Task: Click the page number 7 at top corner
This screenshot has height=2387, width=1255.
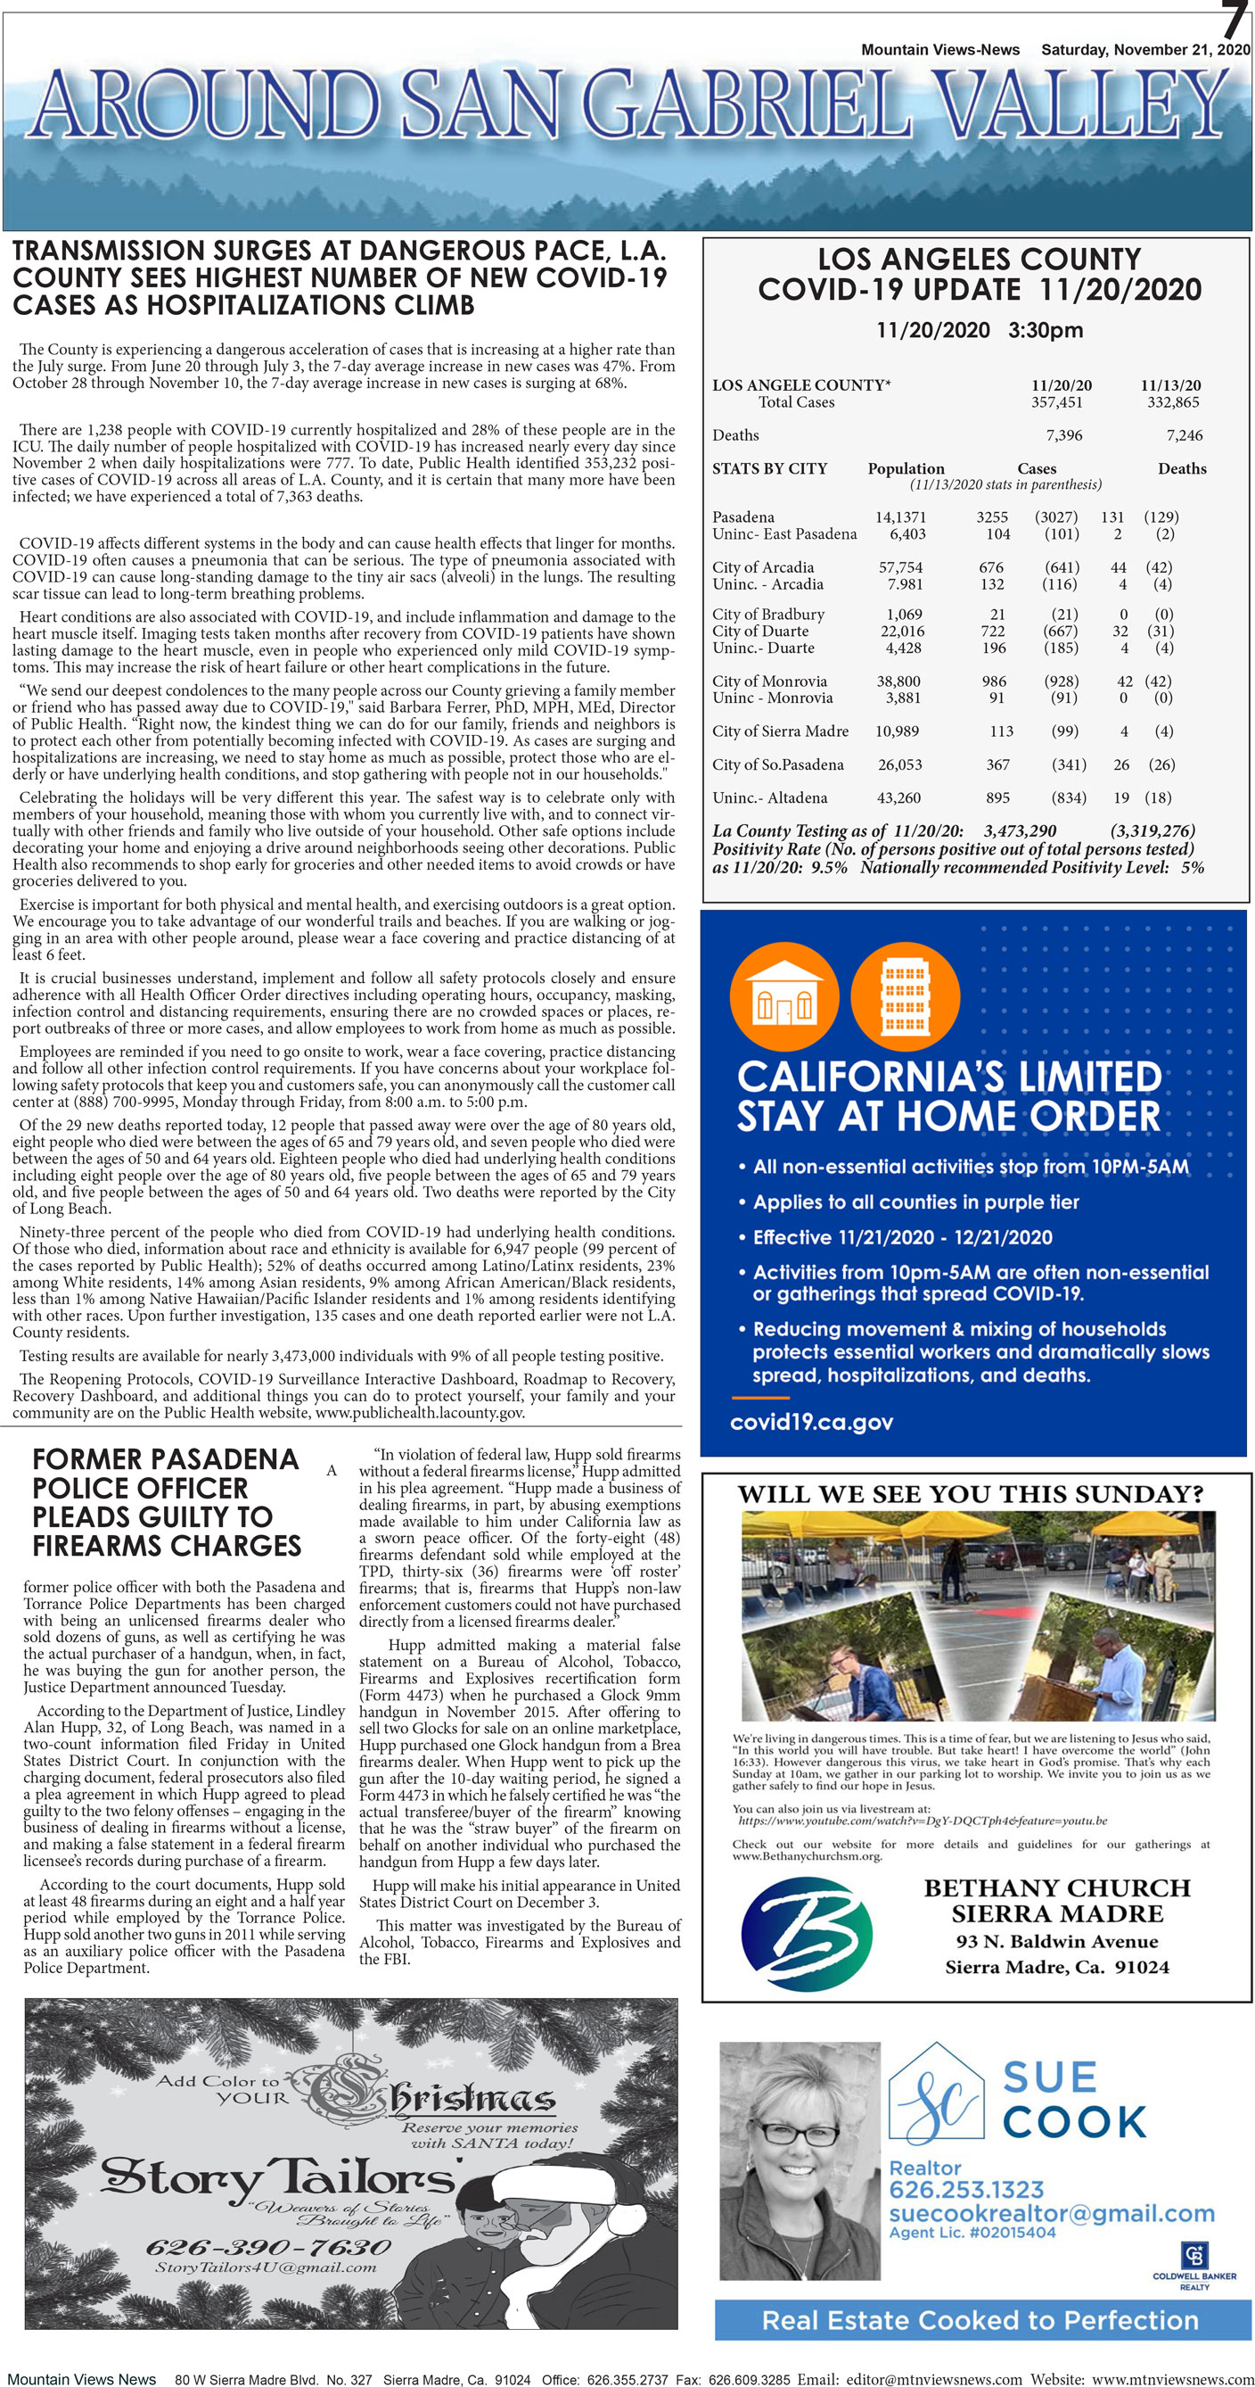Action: (1234, 21)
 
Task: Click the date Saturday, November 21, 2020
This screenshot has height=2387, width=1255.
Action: (1144, 50)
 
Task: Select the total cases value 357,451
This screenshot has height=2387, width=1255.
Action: (1056, 402)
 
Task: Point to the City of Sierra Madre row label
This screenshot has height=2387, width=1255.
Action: (780, 731)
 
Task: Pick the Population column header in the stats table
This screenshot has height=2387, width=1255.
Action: (905, 469)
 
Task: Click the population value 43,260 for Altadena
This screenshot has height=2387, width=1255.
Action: (898, 797)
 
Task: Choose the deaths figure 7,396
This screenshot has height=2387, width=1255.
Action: (1063, 435)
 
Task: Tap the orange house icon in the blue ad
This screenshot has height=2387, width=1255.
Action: (783, 997)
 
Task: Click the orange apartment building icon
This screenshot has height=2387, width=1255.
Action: (904, 997)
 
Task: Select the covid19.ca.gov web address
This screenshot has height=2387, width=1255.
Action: (810, 1423)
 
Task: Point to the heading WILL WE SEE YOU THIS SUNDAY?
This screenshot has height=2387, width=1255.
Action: (970, 1495)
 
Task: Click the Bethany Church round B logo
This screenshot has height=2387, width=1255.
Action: (807, 1934)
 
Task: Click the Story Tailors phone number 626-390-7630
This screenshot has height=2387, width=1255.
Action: (267, 2247)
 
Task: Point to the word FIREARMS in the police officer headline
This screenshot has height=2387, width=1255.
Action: (167, 1546)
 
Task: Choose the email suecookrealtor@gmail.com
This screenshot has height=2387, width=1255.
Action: (1051, 2214)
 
